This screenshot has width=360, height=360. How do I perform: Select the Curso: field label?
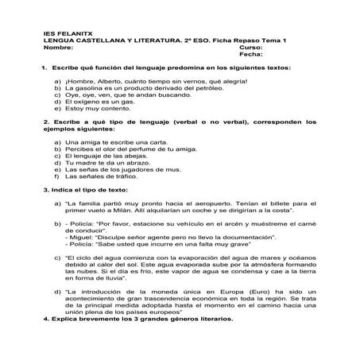250,46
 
